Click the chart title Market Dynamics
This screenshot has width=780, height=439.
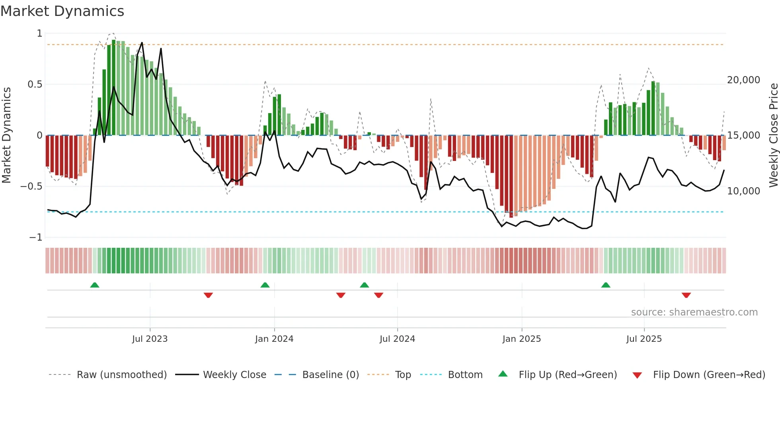click(x=62, y=11)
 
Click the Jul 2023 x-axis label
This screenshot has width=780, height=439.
click(x=150, y=339)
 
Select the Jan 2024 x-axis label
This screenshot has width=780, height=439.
click(x=274, y=339)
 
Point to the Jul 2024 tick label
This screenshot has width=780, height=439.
click(x=397, y=339)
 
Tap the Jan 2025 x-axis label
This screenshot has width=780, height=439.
click(x=521, y=339)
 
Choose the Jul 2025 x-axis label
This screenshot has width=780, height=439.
click(x=644, y=339)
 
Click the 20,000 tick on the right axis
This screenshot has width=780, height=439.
click(x=743, y=80)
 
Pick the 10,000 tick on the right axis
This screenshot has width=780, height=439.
click(x=743, y=191)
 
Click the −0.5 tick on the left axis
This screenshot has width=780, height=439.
click(x=31, y=186)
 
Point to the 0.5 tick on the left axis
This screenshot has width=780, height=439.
click(x=35, y=84)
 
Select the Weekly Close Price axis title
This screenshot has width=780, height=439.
click(x=773, y=135)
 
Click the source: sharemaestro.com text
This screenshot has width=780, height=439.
click(x=694, y=312)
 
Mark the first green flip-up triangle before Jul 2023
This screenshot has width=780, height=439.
click(x=95, y=285)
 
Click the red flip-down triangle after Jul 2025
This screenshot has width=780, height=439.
click(x=686, y=295)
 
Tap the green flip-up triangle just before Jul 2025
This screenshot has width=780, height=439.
click(x=606, y=285)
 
